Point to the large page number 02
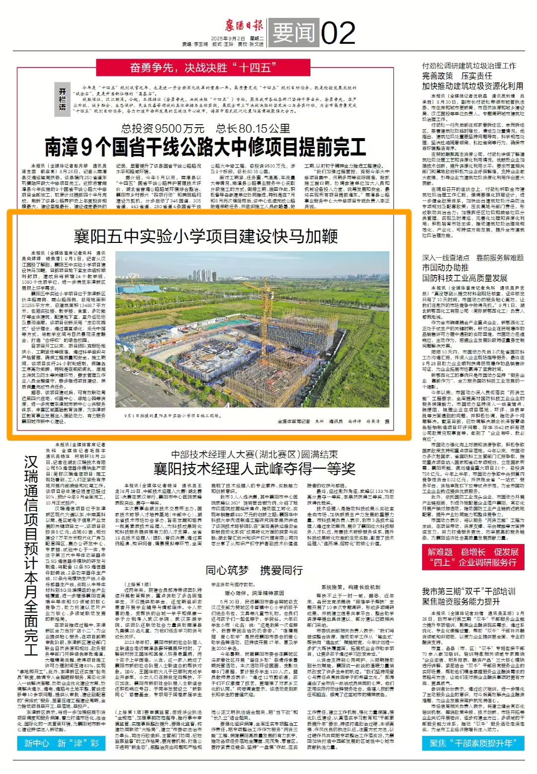coord(338,33)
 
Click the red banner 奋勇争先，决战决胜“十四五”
coord(203,68)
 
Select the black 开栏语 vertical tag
coord(63,99)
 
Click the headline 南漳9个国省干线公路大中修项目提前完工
coord(205,147)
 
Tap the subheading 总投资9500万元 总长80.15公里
coord(205,129)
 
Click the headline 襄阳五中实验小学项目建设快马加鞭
coord(205,236)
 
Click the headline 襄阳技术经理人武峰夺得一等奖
coord(254,468)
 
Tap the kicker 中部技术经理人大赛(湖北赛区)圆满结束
coord(254,454)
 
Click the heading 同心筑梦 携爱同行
coord(254,570)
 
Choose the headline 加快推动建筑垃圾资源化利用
coord(472,86)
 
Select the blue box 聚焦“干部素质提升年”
coord(473,743)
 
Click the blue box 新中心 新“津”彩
coord(62,743)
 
